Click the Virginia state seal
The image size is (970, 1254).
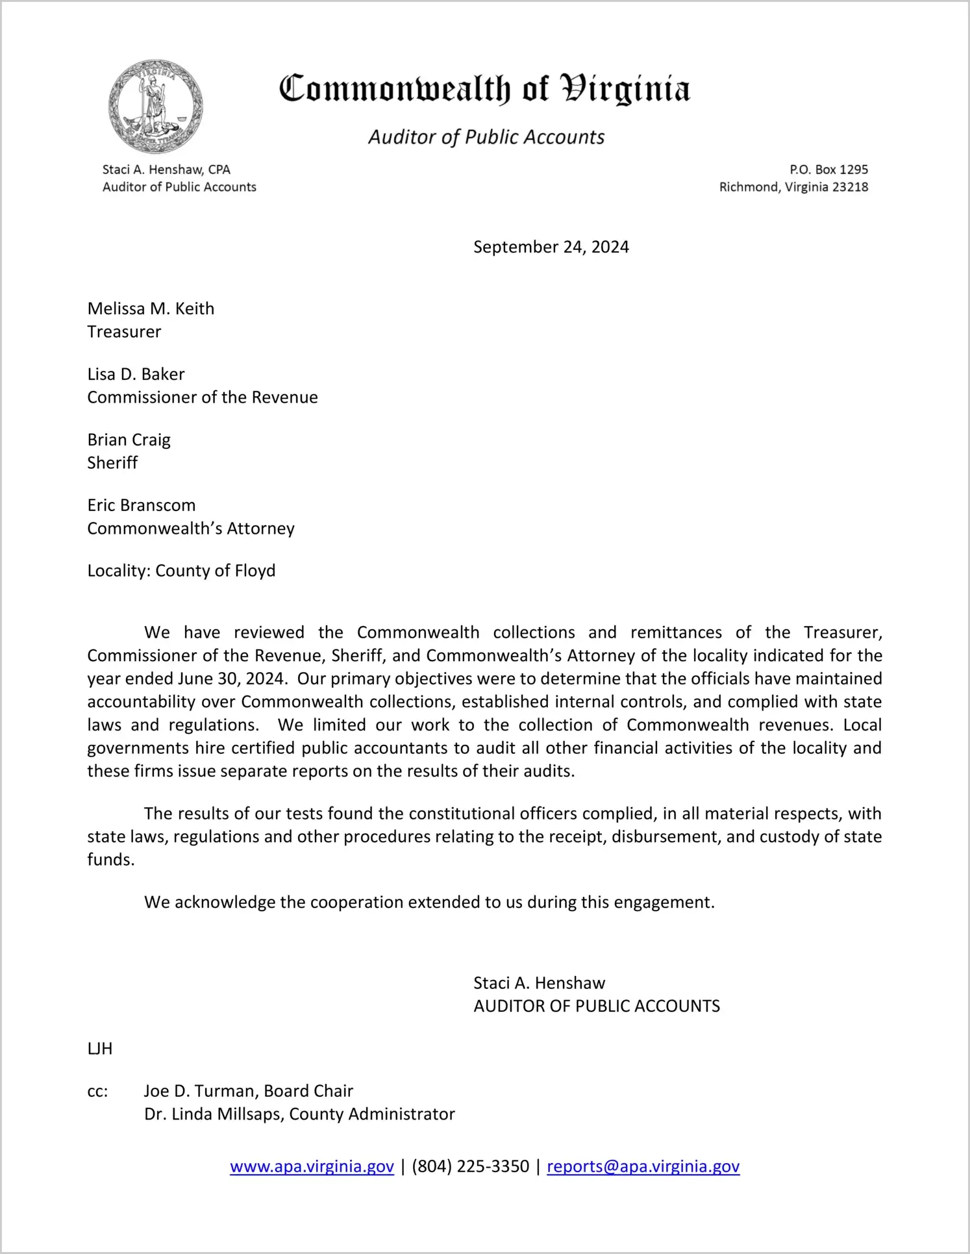155,107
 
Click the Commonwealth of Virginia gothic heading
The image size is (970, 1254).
484,89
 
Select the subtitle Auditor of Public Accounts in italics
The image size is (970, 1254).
486,137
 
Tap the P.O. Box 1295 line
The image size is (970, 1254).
828,169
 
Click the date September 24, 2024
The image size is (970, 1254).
551,247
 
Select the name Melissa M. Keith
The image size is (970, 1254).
151,308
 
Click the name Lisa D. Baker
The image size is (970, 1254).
136,374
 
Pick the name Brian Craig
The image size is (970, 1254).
129,440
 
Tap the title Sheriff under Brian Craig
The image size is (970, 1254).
112,463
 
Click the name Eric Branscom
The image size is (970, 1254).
141,505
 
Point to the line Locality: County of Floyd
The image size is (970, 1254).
181,571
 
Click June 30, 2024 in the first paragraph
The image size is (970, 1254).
232,679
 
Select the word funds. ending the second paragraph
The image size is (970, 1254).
111,860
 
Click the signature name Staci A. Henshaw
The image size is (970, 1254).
539,983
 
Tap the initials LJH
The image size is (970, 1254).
100,1049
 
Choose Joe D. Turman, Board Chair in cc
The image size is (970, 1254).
249,1091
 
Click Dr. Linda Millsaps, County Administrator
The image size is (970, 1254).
299,1114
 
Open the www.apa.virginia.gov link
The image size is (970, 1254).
312,1166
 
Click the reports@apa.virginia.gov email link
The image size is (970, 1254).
643,1166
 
